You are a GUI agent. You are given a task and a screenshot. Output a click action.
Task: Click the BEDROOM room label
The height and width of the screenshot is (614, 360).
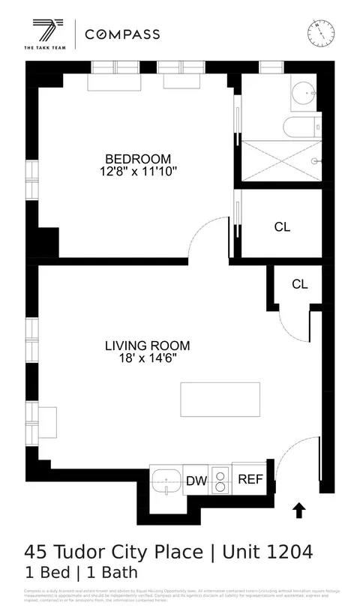pos(138,159)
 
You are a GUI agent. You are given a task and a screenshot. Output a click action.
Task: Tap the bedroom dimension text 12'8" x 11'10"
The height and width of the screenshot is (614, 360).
pos(138,172)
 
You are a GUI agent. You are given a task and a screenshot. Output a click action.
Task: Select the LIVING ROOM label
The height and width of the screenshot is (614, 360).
pos(147,346)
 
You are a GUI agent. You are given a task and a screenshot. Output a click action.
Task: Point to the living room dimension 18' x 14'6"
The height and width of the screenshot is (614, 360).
pos(147,358)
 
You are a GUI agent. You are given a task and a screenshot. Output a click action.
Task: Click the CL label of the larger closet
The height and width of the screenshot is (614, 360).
pos(282,227)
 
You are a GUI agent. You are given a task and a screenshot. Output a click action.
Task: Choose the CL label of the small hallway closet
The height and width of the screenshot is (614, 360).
pos(299,284)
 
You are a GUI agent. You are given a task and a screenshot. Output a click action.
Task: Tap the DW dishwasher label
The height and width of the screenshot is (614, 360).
pos(196,481)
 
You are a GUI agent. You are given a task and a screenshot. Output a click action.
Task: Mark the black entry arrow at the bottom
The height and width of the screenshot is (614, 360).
pos(298,511)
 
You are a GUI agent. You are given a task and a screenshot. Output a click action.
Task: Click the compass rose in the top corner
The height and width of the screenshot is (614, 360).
pos(320,32)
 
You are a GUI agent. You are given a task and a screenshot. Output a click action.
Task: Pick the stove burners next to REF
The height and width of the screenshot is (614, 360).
pos(220,481)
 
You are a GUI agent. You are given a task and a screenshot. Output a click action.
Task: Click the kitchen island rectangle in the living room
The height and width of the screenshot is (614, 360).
pos(220,400)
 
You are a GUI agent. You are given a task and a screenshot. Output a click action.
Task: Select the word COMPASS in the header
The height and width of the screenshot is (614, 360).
pos(122,34)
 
